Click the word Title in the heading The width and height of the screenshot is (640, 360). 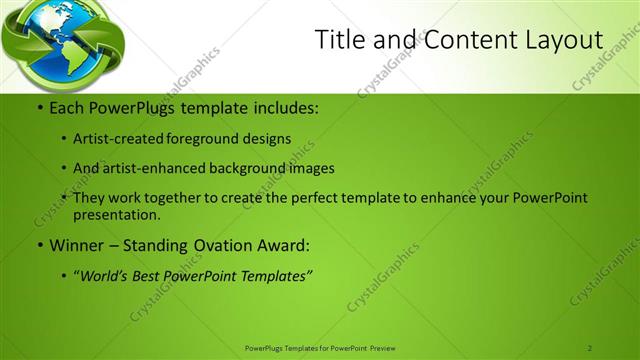click(339, 40)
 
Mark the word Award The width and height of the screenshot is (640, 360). click(283, 244)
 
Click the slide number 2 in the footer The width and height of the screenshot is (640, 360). click(590, 347)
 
